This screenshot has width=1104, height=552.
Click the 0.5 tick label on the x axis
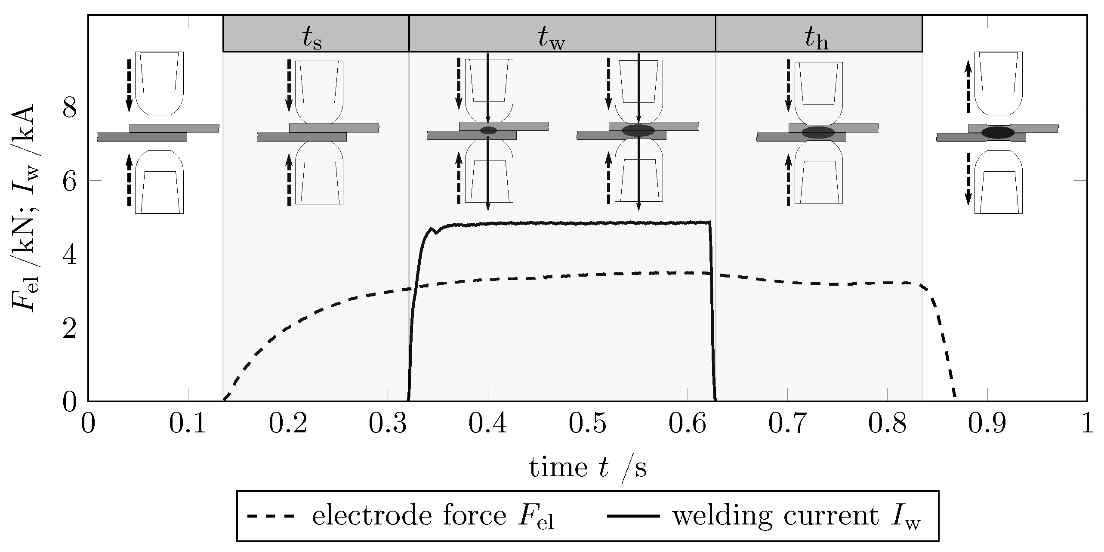[x=588, y=424]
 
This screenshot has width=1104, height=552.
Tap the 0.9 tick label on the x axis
[x=987, y=424]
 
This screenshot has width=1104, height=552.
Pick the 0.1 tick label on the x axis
[x=188, y=424]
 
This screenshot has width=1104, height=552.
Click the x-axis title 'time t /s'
[x=588, y=468]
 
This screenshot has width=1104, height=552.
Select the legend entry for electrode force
[x=400, y=516]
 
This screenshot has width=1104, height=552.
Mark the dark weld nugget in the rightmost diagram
[x=998, y=133]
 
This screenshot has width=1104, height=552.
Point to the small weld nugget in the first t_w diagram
[x=488, y=130]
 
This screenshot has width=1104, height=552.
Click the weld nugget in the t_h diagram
[x=818, y=133]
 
